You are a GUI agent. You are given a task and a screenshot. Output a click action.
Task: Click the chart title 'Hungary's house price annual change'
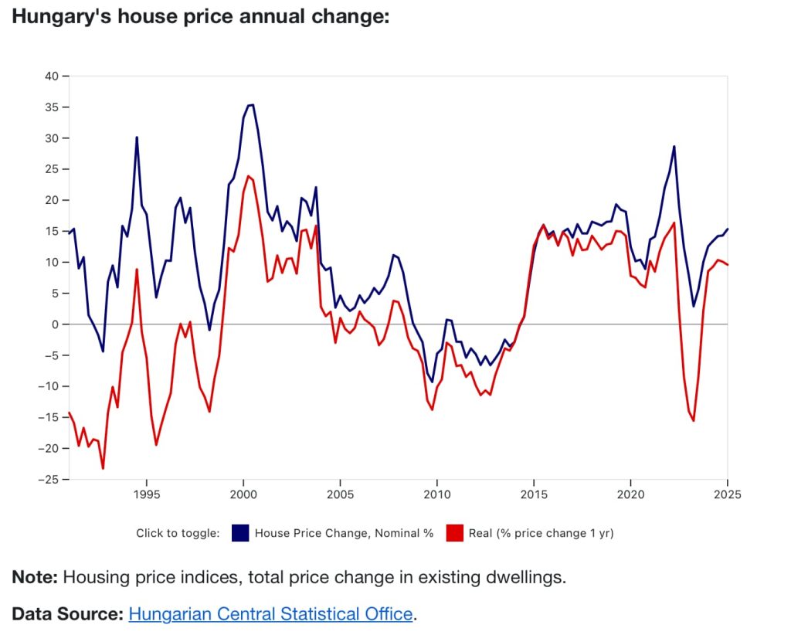click(x=200, y=17)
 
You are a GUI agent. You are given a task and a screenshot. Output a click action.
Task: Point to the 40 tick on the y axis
click(x=52, y=76)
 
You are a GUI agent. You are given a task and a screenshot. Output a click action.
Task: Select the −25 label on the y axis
click(x=49, y=480)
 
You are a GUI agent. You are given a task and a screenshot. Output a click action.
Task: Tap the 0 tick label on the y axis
click(x=56, y=324)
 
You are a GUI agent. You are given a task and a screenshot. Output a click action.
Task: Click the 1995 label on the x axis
click(x=147, y=494)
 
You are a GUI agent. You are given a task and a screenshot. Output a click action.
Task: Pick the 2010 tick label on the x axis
click(x=437, y=494)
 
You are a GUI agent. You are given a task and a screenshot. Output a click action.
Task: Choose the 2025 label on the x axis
click(x=727, y=494)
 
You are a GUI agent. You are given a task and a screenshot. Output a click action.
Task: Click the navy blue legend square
click(x=240, y=533)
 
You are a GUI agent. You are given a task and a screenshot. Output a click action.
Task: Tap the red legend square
click(x=454, y=533)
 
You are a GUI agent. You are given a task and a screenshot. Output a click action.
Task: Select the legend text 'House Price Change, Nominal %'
click(x=344, y=533)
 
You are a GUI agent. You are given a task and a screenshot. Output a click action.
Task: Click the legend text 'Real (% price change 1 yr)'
click(x=541, y=533)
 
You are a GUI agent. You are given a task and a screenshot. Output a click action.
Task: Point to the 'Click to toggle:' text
click(x=178, y=533)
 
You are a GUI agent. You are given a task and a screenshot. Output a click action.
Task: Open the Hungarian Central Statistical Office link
click(x=270, y=614)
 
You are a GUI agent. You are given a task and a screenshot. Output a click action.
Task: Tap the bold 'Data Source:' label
click(x=67, y=614)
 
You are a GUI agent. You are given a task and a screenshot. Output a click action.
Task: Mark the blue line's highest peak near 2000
click(x=250, y=105)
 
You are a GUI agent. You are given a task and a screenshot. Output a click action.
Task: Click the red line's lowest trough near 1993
click(x=103, y=468)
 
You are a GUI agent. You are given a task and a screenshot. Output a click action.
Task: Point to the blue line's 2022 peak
click(x=674, y=146)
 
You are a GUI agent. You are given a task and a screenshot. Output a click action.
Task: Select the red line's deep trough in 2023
click(x=694, y=420)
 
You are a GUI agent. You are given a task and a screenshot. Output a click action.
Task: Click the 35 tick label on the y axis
click(x=52, y=107)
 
